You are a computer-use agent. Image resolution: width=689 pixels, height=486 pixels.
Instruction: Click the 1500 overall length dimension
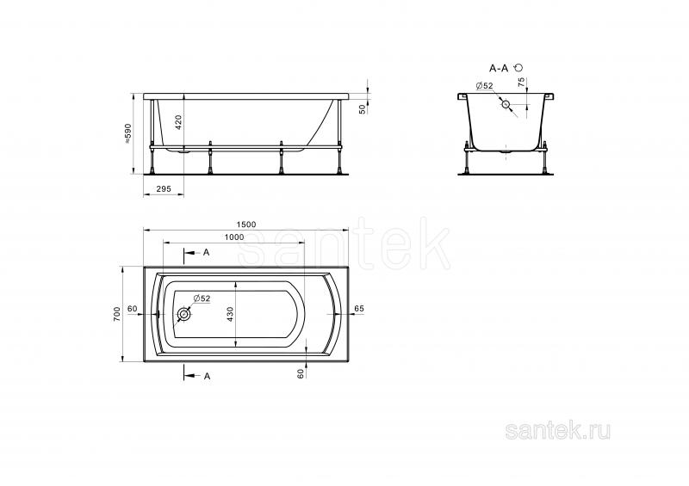(246, 225)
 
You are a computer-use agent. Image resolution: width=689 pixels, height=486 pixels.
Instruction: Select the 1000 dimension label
(234, 237)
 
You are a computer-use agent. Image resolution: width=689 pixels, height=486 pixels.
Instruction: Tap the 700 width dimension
(117, 314)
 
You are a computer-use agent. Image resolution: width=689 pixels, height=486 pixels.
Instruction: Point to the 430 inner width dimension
(231, 315)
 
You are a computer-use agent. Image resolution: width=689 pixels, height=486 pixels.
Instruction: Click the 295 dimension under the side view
(164, 188)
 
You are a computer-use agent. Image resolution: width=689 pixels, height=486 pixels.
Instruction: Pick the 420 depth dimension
(178, 122)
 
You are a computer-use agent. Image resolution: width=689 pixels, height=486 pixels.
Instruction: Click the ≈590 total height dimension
(127, 133)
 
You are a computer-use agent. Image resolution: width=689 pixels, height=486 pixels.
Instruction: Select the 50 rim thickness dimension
(363, 109)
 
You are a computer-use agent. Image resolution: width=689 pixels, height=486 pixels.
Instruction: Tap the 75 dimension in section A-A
(521, 83)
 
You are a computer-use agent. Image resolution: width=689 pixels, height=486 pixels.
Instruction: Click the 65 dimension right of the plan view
(359, 309)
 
